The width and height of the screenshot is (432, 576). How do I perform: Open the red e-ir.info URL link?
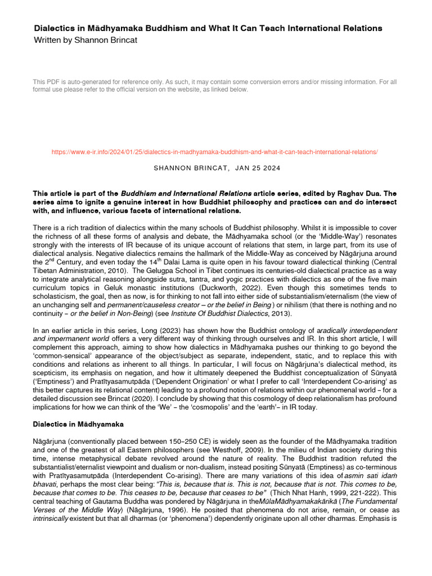pos(214,152)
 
